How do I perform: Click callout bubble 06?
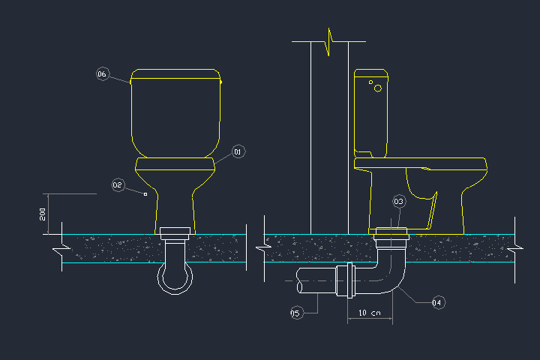click(103, 73)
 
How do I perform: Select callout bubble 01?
click(238, 151)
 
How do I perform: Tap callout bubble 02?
click(118, 184)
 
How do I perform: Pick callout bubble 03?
click(399, 201)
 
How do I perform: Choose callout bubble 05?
click(295, 313)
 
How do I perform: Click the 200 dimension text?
click(43, 214)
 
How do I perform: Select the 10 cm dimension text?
click(370, 312)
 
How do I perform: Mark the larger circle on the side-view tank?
click(378, 88)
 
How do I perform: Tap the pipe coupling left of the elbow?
click(346, 282)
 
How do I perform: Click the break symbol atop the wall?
click(329, 41)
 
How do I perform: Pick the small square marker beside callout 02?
click(145, 194)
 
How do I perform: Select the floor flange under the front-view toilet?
click(176, 232)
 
